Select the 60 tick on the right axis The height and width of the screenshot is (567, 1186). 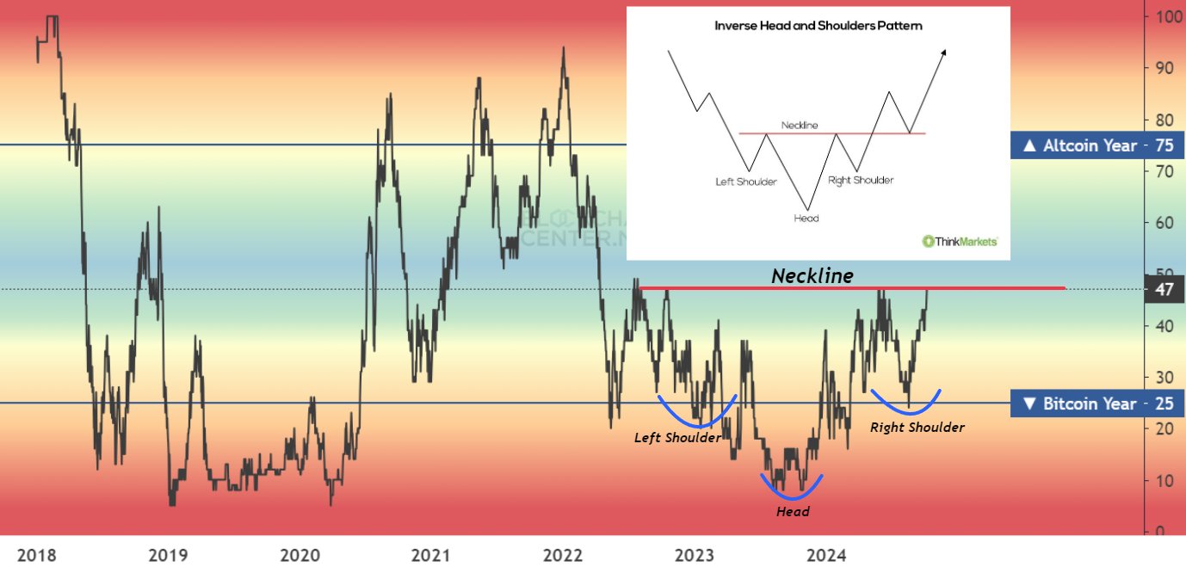pyautogui.click(x=1164, y=223)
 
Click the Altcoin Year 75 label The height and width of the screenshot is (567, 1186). pyautogui.click(x=1096, y=145)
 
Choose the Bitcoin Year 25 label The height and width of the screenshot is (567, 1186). pyautogui.click(x=1096, y=404)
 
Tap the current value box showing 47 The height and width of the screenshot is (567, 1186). pyautogui.click(x=1164, y=289)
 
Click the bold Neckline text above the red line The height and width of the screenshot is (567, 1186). pyautogui.click(x=812, y=275)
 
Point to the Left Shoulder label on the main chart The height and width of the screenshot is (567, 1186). pyautogui.click(x=677, y=437)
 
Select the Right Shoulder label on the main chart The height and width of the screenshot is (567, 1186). pyautogui.click(x=917, y=427)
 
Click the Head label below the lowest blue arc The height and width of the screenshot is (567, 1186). pyautogui.click(x=792, y=512)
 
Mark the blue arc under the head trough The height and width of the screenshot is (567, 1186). pyautogui.click(x=791, y=490)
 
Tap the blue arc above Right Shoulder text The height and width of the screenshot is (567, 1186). pyautogui.click(x=906, y=404)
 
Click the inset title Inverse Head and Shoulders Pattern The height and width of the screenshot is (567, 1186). pyautogui.click(x=818, y=26)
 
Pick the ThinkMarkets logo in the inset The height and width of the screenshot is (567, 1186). pyautogui.click(x=961, y=242)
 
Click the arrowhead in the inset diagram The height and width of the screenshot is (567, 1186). pyautogui.click(x=944, y=52)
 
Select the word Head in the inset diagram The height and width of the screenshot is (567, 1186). pyautogui.click(x=806, y=218)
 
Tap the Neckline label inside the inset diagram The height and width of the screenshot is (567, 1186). pyautogui.click(x=800, y=126)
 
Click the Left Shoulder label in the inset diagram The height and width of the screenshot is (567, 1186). pyautogui.click(x=746, y=182)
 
